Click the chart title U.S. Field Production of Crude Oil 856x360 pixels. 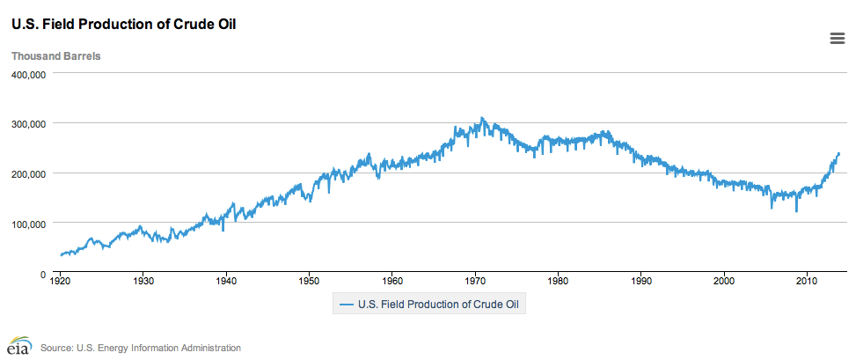point(123,25)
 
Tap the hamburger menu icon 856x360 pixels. point(838,37)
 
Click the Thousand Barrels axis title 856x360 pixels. point(55,56)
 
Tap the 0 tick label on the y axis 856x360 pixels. point(42,275)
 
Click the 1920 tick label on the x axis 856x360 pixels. point(61,283)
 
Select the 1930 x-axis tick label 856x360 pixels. point(143,283)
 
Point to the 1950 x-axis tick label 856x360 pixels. point(309,283)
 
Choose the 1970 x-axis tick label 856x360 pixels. point(475,283)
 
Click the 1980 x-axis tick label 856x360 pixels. point(558,283)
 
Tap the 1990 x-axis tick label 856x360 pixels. point(640,283)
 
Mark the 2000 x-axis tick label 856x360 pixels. point(724,283)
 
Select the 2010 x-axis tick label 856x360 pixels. point(807,283)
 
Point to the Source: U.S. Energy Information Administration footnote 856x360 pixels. point(140,348)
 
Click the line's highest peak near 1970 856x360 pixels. point(481,118)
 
